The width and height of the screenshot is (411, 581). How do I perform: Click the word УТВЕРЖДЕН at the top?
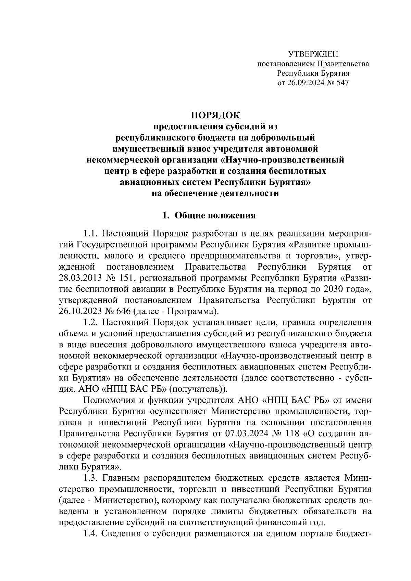coord(313,54)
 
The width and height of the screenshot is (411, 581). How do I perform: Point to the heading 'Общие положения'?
coord(215,216)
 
